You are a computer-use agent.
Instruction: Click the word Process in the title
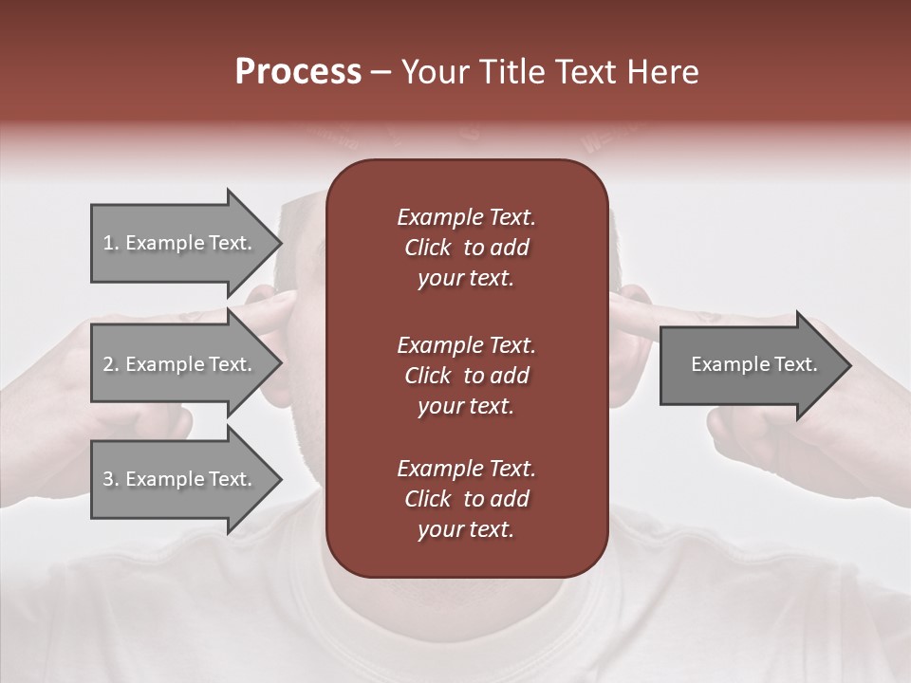[298, 72]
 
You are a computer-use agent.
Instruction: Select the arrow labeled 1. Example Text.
[180, 243]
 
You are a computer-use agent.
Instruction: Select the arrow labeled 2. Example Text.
[180, 364]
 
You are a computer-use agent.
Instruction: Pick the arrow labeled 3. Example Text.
[180, 479]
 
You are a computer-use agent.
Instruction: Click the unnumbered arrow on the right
[750, 364]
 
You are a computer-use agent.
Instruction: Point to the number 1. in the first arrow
[110, 243]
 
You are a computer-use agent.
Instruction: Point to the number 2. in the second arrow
[110, 364]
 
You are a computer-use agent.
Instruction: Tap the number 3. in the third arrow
[110, 479]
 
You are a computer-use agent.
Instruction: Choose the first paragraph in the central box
[466, 248]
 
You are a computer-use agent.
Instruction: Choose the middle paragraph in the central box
[466, 375]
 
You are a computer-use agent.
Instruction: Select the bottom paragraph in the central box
[466, 499]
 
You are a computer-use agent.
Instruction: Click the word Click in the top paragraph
[428, 248]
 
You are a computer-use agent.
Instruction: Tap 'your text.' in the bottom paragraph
[466, 530]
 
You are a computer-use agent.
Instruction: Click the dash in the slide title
[381, 72]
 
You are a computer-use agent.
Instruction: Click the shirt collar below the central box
[465, 607]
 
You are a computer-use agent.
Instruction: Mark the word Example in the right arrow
[725, 364]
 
